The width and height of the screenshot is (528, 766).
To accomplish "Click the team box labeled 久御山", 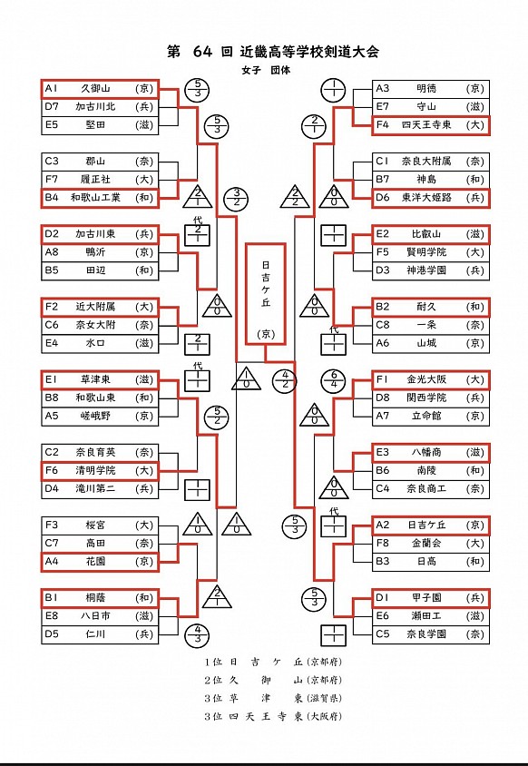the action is pyautogui.click(x=100, y=89).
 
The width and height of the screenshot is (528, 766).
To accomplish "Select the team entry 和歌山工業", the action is pyautogui.click(x=100, y=198).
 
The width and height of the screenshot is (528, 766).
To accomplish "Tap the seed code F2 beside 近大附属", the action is pyautogui.click(x=52, y=307).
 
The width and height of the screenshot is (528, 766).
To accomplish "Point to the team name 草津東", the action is pyautogui.click(x=95, y=379).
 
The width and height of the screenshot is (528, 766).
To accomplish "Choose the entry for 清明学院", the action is pyautogui.click(x=100, y=470).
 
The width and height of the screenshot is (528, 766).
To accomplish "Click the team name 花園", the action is pyautogui.click(x=95, y=561).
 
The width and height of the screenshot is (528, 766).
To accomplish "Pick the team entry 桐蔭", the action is pyautogui.click(x=100, y=598).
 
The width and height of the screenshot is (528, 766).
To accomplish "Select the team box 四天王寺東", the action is pyautogui.click(x=431, y=125).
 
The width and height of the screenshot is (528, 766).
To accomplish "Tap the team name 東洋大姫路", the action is pyautogui.click(x=426, y=198).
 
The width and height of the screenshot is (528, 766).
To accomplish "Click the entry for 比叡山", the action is pyautogui.click(x=431, y=234).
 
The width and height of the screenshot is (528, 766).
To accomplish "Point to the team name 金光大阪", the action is pyautogui.click(x=426, y=379).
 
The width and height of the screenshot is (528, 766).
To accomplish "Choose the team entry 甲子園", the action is pyautogui.click(x=431, y=598).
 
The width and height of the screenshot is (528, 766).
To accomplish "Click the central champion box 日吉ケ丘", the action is pyautogui.click(x=265, y=294).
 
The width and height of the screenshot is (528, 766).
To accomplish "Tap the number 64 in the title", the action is pyautogui.click(x=202, y=52).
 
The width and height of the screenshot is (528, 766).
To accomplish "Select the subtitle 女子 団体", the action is pyautogui.click(x=266, y=70).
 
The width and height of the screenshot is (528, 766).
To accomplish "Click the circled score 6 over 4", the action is pyautogui.click(x=334, y=380).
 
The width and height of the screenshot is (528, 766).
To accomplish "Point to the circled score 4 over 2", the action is pyautogui.click(x=285, y=380).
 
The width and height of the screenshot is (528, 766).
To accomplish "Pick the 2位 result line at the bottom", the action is pyautogui.click(x=273, y=680).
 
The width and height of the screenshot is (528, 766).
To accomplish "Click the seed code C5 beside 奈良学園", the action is pyautogui.click(x=383, y=634).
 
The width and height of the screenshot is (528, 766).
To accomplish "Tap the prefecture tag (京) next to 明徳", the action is pyautogui.click(x=474, y=89).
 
